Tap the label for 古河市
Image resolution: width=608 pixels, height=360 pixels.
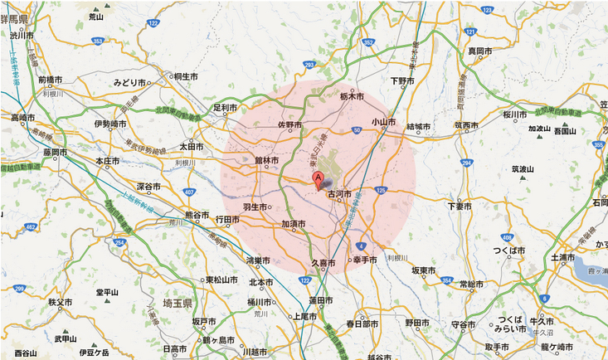339,195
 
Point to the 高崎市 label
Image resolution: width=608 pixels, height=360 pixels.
24,118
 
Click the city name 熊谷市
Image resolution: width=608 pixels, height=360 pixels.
198,216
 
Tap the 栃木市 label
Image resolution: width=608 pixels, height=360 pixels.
353,97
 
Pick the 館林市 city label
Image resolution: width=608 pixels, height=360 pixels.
266,160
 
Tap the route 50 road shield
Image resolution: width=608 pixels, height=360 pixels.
356,130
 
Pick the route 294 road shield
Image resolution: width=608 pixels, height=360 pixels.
467,163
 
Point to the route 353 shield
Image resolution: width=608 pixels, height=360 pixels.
98,40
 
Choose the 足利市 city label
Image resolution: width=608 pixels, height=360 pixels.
225,108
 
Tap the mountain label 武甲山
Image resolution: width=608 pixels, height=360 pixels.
66,338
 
